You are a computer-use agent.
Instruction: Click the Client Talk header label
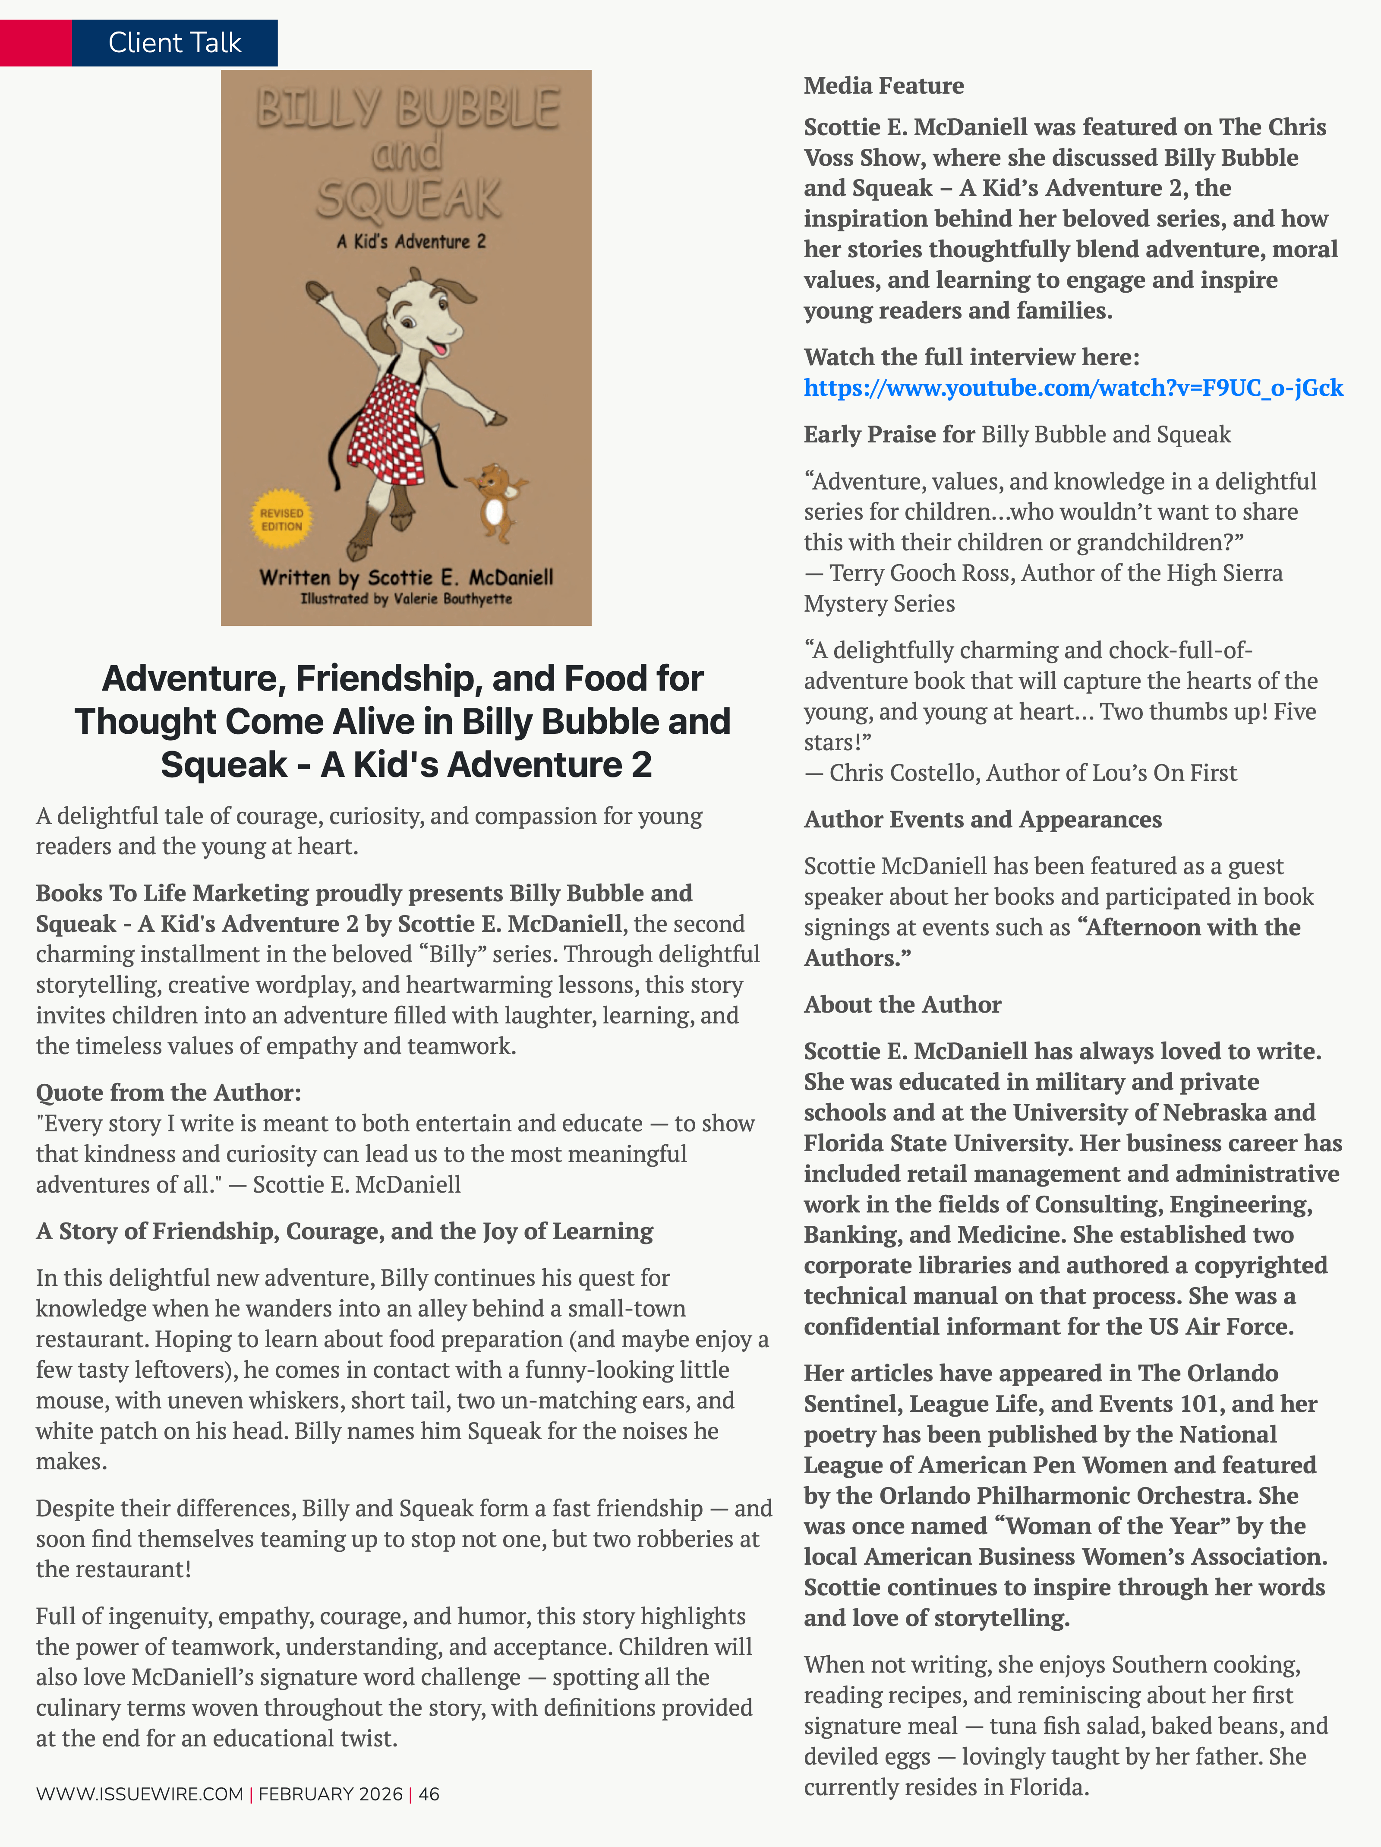click(x=174, y=43)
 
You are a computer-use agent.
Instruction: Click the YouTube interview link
click(x=1073, y=388)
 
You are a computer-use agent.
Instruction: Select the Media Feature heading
click(x=883, y=85)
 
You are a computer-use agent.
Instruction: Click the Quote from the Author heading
click(x=168, y=1092)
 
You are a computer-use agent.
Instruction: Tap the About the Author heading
click(x=902, y=1004)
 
